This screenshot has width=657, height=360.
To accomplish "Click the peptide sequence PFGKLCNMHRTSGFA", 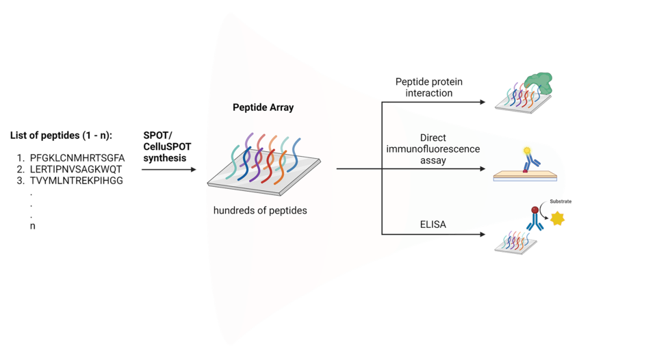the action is (77, 158).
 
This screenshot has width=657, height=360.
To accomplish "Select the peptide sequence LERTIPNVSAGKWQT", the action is (76, 169).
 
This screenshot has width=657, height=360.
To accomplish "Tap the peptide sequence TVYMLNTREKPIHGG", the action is (76, 181).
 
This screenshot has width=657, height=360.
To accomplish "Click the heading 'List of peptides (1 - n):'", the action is (61, 136).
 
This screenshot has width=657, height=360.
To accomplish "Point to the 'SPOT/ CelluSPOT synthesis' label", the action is (167, 146).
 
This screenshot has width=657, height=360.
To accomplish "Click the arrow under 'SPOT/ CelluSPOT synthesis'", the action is (169, 169).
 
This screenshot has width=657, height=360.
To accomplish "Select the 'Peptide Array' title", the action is (263, 107).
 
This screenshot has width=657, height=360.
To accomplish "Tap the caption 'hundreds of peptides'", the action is (260, 210).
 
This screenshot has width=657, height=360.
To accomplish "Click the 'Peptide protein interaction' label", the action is (429, 87).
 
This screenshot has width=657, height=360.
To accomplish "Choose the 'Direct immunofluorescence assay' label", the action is (433, 149).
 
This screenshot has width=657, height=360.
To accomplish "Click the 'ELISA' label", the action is (433, 224).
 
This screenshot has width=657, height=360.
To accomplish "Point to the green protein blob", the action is (539, 83).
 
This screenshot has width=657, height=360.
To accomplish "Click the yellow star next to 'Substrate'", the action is (557, 218).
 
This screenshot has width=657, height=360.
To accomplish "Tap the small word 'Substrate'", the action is (561, 202).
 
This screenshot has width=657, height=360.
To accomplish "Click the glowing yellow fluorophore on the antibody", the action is (527, 151).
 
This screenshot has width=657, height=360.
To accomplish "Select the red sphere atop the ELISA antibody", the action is (534, 210).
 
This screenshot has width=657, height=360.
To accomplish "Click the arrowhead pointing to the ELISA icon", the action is (482, 234).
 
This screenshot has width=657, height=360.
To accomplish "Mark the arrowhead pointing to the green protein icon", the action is (482, 102).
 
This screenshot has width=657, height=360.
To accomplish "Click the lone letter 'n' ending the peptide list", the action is (33, 227).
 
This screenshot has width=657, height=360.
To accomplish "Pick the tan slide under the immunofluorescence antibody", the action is (525, 175).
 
